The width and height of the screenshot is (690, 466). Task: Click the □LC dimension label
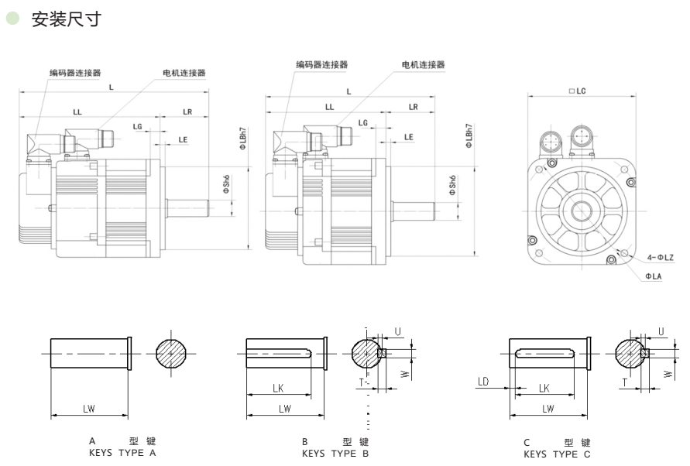click(577, 91)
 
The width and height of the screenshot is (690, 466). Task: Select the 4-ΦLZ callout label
click(661, 256)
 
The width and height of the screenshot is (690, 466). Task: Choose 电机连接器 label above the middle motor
click(424, 65)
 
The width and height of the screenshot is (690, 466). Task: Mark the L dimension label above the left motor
click(112, 87)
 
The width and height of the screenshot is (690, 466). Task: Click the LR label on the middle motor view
click(413, 106)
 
